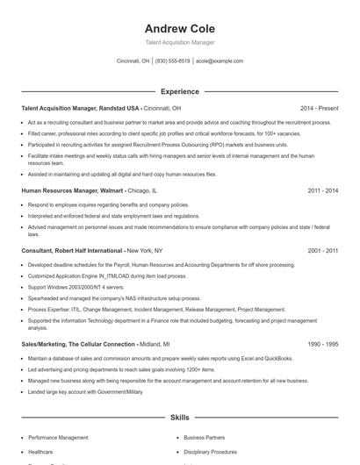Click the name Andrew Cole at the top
179,28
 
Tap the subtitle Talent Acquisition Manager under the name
179,42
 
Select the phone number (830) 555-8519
173,61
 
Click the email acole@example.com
220,61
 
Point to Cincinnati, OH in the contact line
133,61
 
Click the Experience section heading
179,91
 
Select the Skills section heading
179,419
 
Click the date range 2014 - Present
319,108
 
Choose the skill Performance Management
58,437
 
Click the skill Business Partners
204,437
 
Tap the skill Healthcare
41,452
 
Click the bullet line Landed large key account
84,392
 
